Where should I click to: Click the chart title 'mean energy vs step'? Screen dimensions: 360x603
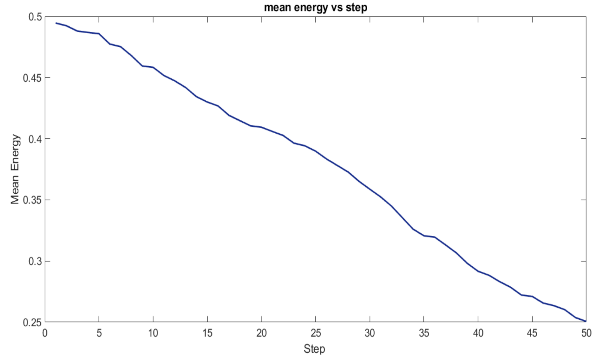315,7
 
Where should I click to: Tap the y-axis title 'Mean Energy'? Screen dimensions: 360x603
15,169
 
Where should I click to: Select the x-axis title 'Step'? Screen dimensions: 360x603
314,349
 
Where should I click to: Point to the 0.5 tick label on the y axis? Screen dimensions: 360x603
35,17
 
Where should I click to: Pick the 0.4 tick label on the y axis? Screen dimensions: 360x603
35,139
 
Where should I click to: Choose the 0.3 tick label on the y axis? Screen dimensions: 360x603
35,262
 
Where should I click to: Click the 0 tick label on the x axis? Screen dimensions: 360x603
45,333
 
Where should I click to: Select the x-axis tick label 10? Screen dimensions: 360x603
153,333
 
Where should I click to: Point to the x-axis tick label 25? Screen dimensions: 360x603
316,333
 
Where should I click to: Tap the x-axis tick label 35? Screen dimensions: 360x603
424,333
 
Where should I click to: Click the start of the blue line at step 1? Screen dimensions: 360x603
56,23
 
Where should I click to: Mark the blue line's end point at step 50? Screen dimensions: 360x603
586,321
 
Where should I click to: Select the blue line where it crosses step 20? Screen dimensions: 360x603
261,127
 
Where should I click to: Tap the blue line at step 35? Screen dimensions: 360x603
424,236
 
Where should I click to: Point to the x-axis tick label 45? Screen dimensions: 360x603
532,333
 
